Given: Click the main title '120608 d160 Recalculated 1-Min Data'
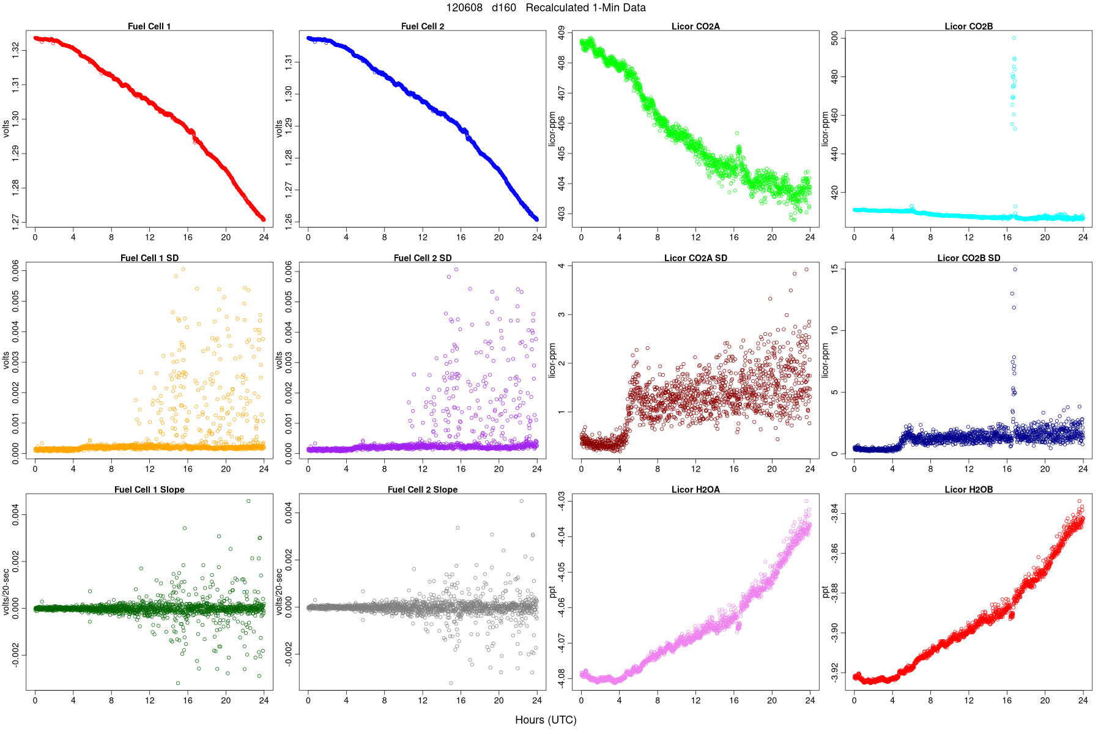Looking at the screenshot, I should tap(546, 8).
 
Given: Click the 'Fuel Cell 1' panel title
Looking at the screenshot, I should tap(149, 26).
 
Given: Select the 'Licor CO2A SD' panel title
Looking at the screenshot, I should tap(695, 258).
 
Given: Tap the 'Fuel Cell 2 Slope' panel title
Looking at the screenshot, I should tap(422, 490).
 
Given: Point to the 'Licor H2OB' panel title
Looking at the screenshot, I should tap(968, 490).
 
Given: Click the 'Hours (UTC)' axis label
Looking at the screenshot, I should tap(546, 720).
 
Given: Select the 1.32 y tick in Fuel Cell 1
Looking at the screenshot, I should tap(15, 50).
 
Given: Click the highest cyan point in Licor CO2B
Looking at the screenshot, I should tap(1014, 38).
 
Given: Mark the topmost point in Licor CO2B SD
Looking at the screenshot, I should tap(1015, 269).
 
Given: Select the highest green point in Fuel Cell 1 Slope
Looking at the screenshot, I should tap(248, 501).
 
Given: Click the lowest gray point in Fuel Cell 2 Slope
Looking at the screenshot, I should tap(451, 683).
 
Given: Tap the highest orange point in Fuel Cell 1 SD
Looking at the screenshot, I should tap(183, 269).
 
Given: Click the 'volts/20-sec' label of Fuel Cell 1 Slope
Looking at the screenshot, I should tap(6, 591).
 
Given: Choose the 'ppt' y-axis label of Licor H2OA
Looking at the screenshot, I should tap(552, 591).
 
